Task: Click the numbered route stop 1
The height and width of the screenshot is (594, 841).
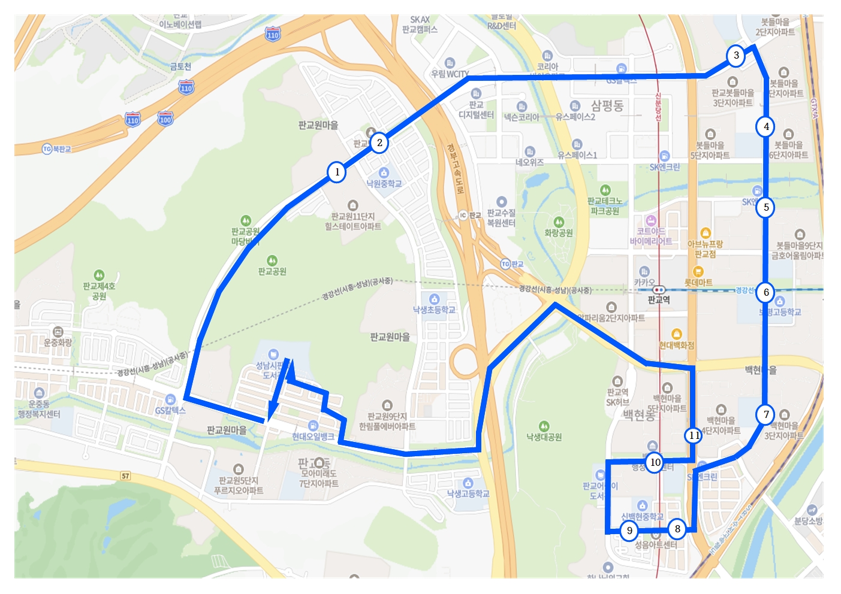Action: (337, 172)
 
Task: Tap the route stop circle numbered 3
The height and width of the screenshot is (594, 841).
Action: (736, 56)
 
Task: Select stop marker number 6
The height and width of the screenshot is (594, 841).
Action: (766, 292)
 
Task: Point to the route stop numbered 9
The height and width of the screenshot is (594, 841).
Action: (629, 531)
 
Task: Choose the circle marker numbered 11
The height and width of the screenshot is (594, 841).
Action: (694, 435)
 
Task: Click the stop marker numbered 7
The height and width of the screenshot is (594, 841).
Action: (765, 414)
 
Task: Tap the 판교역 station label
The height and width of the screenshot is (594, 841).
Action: (659, 300)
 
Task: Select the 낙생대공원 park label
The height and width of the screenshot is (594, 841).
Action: (544, 437)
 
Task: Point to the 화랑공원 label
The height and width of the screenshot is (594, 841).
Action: (558, 233)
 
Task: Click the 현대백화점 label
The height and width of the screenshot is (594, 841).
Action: (677, 346)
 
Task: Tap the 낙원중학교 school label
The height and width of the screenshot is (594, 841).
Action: (384, 184)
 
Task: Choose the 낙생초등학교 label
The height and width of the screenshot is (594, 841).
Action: (434, 310)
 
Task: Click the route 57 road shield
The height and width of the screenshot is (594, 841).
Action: (125, 476)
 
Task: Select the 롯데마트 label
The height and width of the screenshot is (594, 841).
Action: (698, 282)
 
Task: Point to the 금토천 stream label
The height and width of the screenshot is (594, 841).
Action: (180, 66)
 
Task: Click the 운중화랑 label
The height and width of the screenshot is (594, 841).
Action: (58, 343)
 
